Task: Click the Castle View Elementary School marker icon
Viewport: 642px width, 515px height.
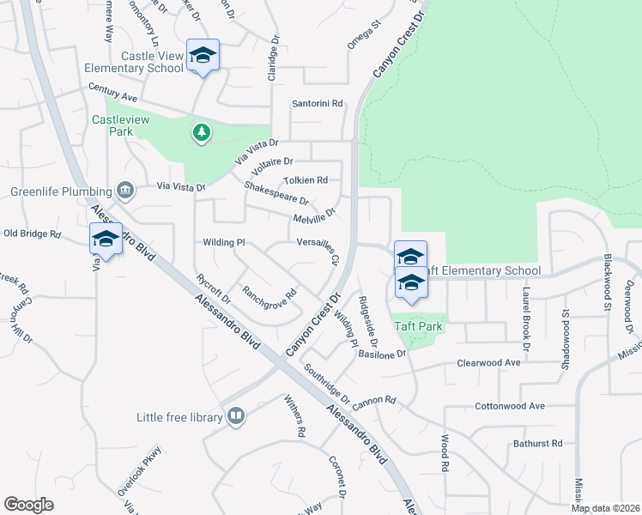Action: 203,56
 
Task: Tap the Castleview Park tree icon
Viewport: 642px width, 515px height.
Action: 201,132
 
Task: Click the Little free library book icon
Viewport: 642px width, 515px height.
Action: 236,417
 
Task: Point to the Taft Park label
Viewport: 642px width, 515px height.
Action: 418,326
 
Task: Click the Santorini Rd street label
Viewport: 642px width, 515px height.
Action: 318,103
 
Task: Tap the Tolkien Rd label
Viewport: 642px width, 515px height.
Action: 306,180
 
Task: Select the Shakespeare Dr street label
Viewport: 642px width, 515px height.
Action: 276,199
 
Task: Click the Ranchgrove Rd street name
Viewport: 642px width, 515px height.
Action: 269,298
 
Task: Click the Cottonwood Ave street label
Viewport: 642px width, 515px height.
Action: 510,406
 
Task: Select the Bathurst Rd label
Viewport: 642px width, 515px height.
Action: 537,444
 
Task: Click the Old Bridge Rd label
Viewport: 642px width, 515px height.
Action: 33,233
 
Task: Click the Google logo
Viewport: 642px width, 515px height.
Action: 29,504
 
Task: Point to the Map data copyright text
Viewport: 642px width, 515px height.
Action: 606,508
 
